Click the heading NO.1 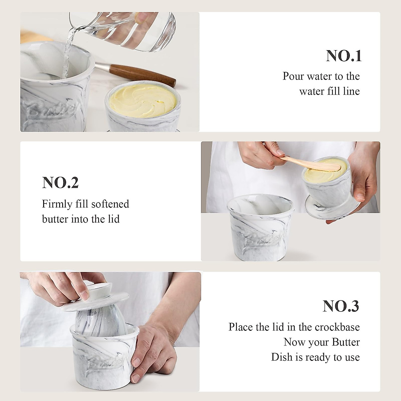[x=344, y=56]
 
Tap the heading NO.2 [x=60, y=183]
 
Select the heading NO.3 [x=341, y=306]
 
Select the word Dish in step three [x=282, y=357]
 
